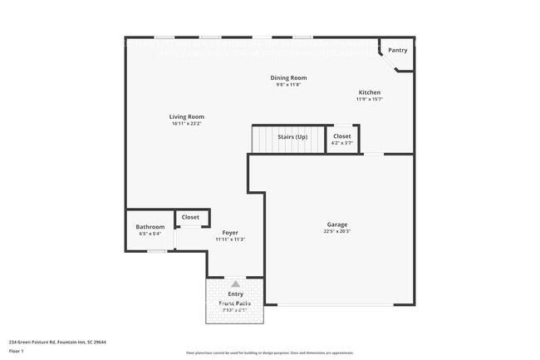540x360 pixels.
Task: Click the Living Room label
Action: click(x=187, y=117)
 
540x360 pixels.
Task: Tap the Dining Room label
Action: click(x=288, y=78)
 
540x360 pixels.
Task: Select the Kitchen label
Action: click(x=370, y=92)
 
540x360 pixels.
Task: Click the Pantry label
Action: click(x=398, y=50)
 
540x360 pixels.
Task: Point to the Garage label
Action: click(x=336, y=224)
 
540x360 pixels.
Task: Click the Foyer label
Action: click(x=230, y=232)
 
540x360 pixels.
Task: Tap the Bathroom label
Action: click(x=150, y=227)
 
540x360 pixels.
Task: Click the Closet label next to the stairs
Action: click(x=342, y=136)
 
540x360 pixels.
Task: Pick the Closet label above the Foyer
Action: click(x=190, y=217)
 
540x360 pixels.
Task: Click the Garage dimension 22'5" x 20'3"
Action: click(x=336, y=232)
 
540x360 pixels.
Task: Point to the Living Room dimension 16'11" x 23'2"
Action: click(x=187, y=124)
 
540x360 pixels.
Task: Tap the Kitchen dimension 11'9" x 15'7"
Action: click(x=370, y=99)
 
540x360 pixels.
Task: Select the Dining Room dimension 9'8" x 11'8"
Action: click(x=288, y=85)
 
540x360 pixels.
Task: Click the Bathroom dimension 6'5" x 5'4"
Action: click(x=150, y=234)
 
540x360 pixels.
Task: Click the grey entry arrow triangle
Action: click(x=235, y=284)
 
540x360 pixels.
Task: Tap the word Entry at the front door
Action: click(x=235, y=294)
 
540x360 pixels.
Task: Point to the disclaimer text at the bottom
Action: click(x=269, y=353)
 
